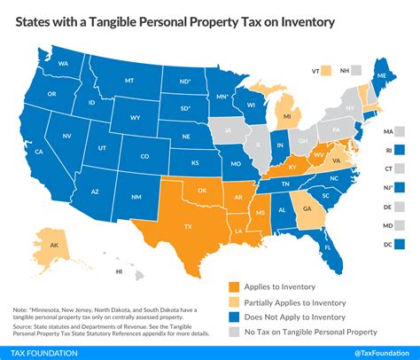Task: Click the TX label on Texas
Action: pos(186,227)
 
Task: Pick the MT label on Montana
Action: pos(129,80)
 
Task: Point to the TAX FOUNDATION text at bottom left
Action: pos(42,348)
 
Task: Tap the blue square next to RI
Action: pos(399,150)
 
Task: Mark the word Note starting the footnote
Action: pos(19,283)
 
